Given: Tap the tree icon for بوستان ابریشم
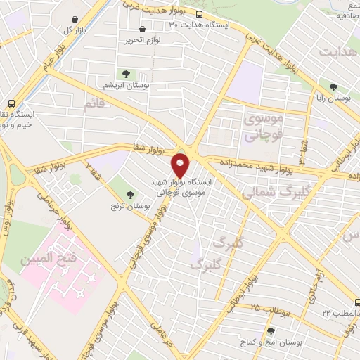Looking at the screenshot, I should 126,74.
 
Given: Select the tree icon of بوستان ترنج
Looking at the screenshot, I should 129,195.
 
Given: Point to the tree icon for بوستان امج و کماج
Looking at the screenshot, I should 271,330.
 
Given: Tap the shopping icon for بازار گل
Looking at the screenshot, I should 75,20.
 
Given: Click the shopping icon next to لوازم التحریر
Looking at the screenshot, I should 143,30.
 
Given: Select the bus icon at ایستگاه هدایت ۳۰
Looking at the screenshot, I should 200,13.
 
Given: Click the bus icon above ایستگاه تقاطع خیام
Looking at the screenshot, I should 11,102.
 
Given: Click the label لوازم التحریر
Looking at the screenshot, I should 144,40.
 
